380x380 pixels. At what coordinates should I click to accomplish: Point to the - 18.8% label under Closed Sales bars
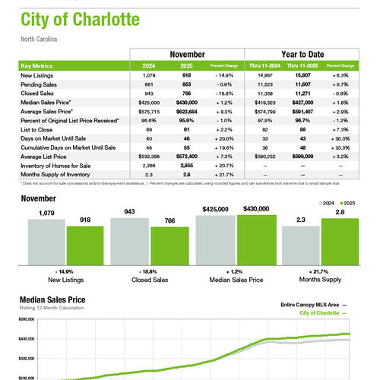[151, 271]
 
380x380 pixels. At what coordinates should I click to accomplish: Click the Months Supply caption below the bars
[318, 280]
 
